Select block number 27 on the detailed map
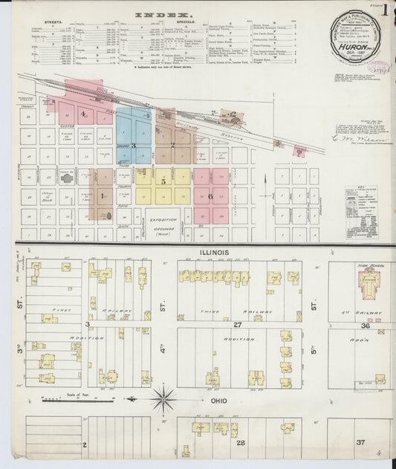tap(238, 324)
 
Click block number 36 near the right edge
tap(366, 325)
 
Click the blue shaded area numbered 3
tap(134, 146)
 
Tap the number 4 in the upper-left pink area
tap(84, 114)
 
